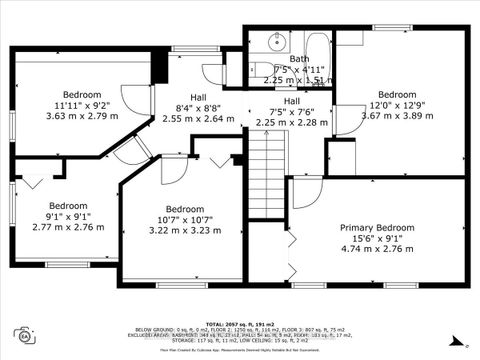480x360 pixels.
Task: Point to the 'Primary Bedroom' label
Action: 377,228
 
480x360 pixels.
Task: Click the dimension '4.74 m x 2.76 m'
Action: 377,252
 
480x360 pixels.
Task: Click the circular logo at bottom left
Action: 21,335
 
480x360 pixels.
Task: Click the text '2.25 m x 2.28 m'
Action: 291,123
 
